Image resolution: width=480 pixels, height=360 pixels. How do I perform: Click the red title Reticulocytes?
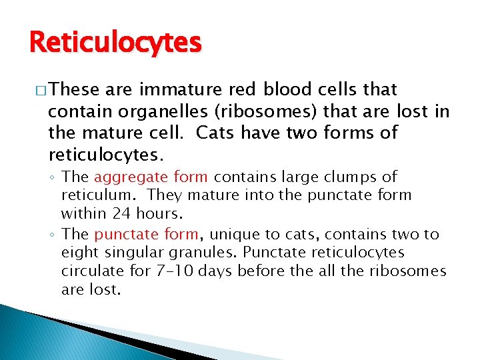click(x=115, y=43)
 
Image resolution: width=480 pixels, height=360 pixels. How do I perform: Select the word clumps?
click(x=354, y=177)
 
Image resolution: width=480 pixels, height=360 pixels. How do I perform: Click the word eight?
click(x=79, y=253)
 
